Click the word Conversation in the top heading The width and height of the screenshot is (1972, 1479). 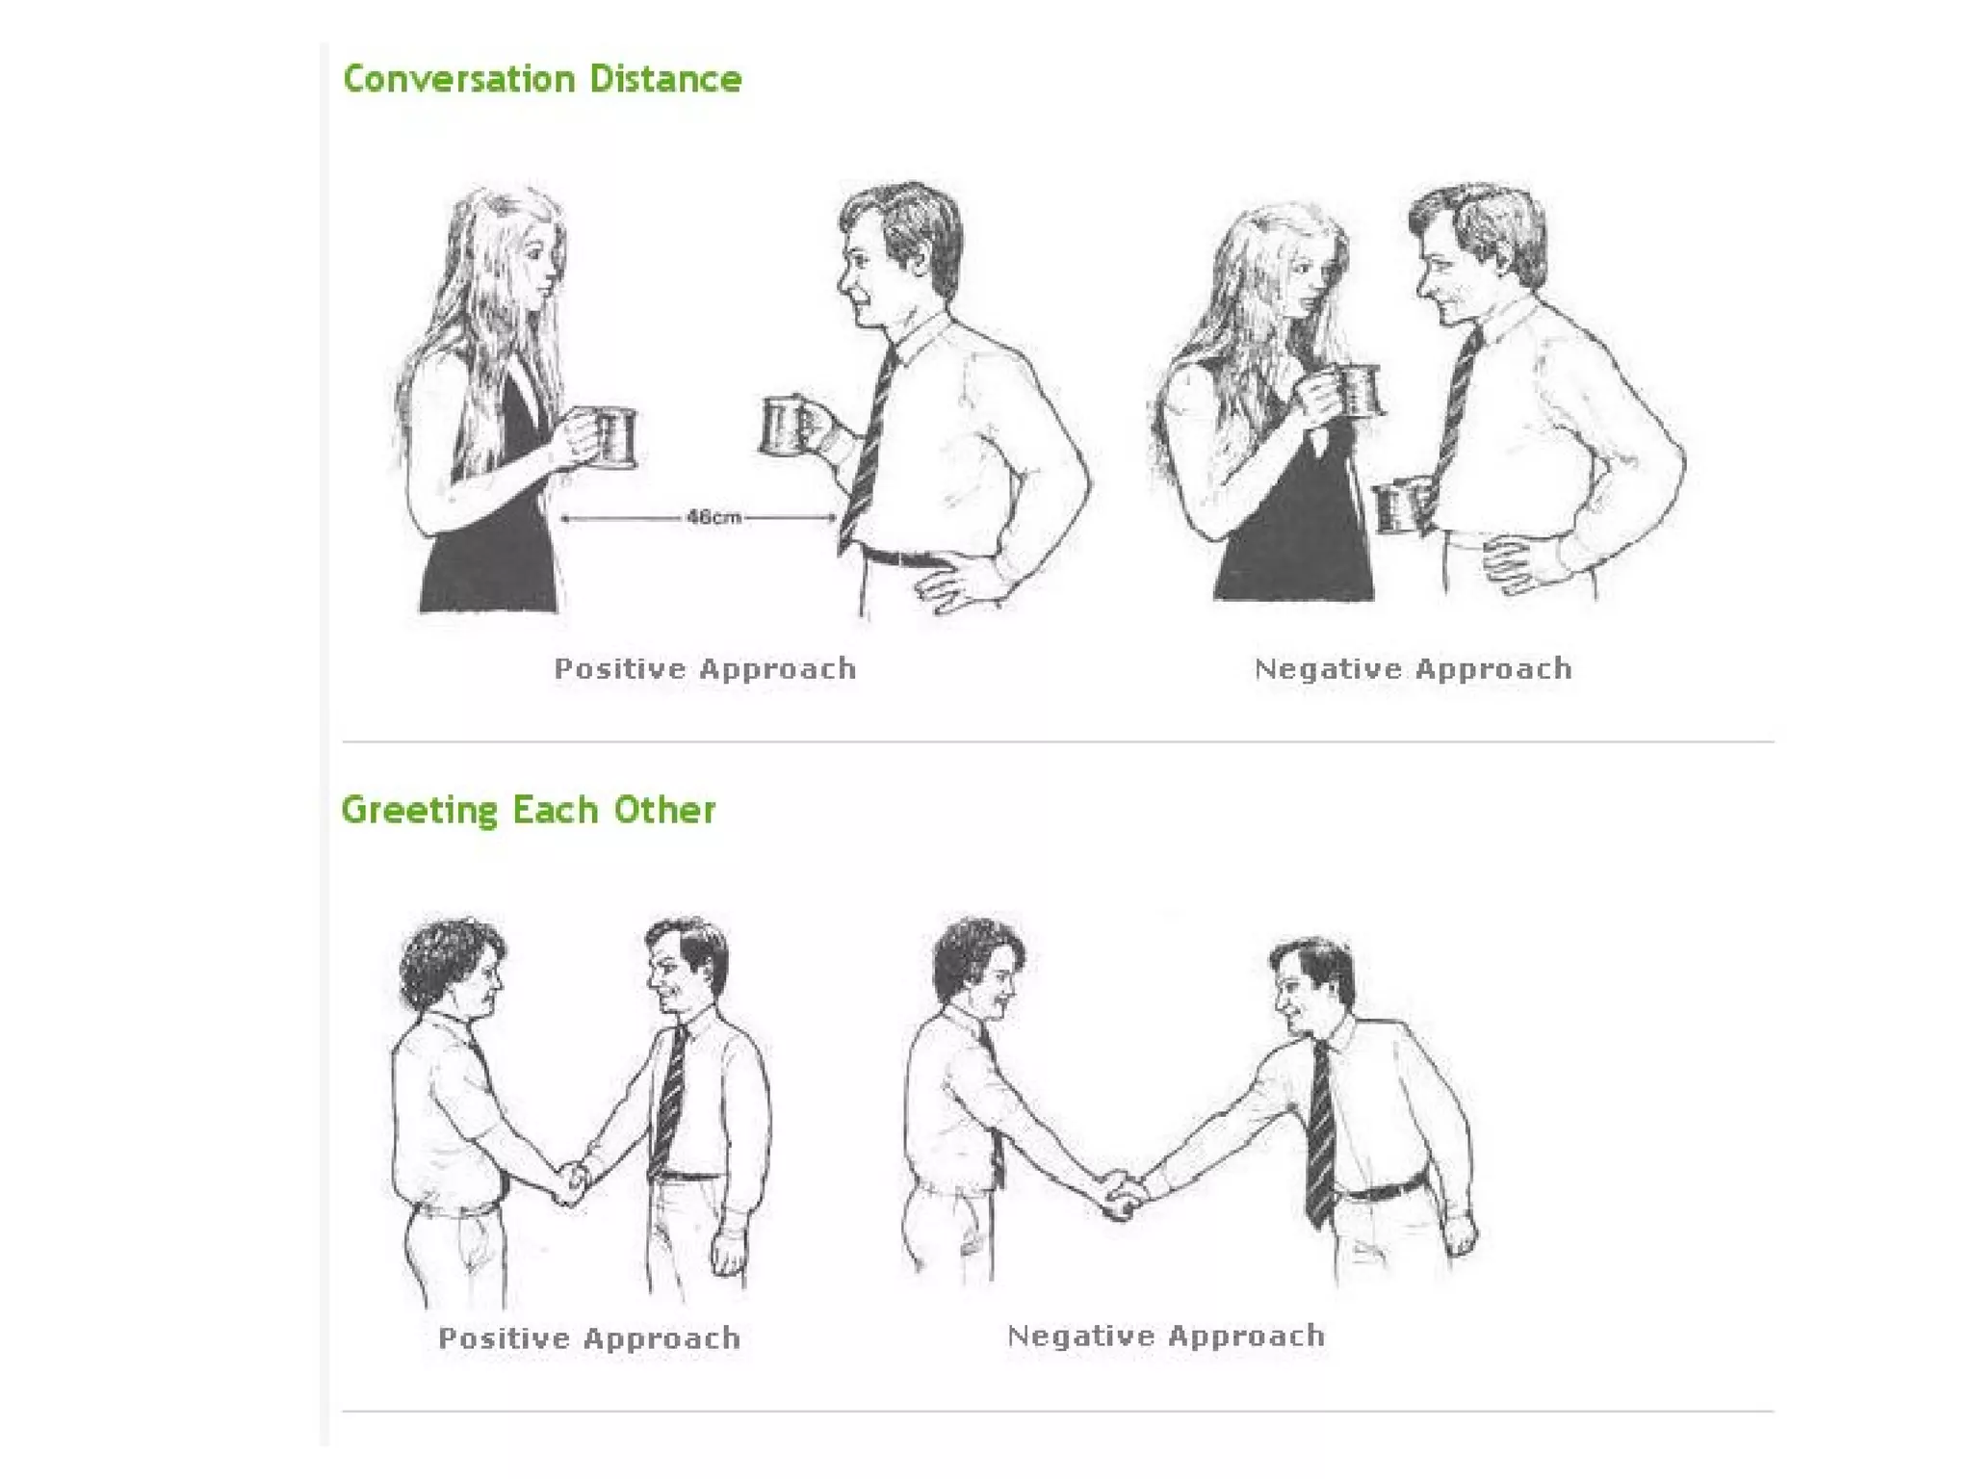pos(458,79)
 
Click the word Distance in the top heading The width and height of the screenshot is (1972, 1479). pos(665,79)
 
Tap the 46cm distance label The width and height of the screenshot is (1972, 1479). pos(714,517)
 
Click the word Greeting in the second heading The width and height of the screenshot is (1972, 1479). pos(420,811)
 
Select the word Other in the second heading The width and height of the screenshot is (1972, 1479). pos(664,810)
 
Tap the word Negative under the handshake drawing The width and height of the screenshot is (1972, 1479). pos(1079,1336)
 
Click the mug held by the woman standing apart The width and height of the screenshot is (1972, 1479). pos(613,438)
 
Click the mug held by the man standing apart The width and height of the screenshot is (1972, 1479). pos(786,425)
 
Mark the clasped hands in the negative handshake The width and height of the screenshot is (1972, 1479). pos(1122,1194)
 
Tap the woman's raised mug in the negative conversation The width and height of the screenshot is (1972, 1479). pos(1358,390)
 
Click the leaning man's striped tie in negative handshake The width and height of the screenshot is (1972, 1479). pos(1320,1136)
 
